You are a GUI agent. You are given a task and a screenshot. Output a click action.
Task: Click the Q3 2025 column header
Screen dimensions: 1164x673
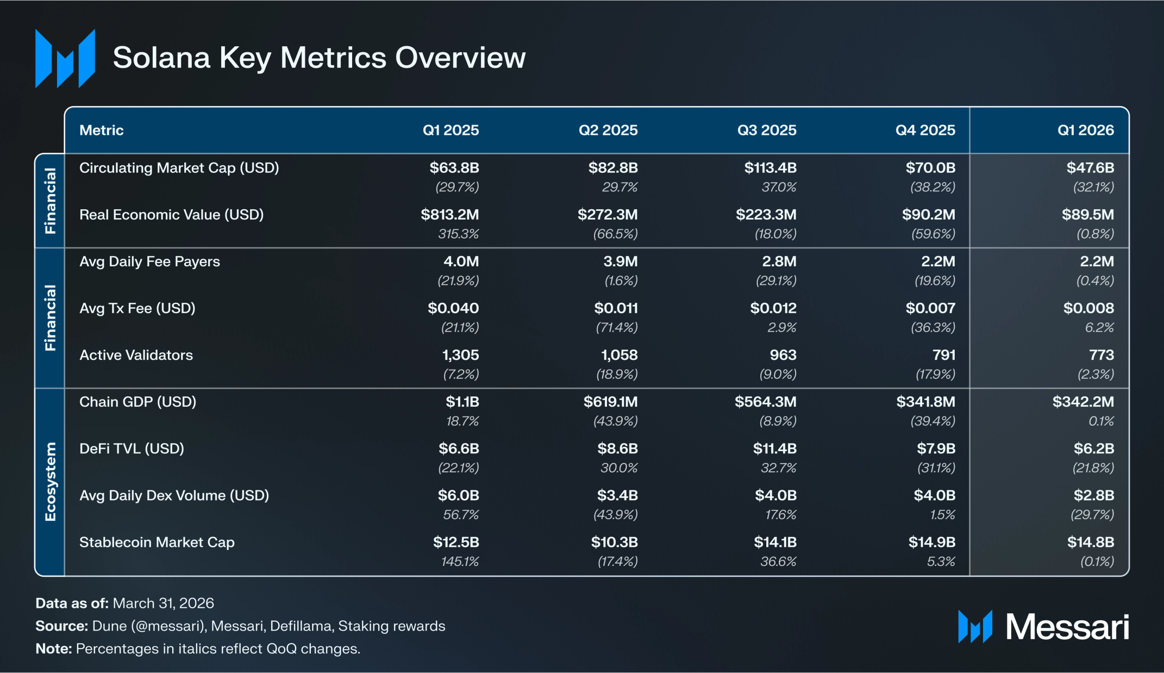pyautogui.click(x=766, y=130)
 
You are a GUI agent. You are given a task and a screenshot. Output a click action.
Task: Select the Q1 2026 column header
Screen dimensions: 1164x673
pyautogui.click(x=1085, y=130)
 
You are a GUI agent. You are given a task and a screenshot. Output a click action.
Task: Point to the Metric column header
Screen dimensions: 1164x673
pyautogui.click(x=102, y=130)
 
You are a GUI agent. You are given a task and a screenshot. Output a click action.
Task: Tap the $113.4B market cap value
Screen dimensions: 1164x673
pyautogui.click(x=770, y=168)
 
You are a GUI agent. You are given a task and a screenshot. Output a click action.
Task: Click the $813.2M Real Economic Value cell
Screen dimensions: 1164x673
pyautogui.click(x=450, y=215)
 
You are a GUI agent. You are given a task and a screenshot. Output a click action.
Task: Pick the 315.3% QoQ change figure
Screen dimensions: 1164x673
pyautogui.click(x=459, y=234)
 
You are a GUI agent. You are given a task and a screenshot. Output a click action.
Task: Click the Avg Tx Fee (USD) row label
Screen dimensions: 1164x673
pyautogui.click(x=137, y=308)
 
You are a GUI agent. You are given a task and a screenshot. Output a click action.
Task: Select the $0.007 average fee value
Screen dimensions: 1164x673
pyautogui.click(x=930, y=308)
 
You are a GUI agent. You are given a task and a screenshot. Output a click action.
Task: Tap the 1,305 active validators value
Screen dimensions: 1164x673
pyautogui.click(x=461, y=356)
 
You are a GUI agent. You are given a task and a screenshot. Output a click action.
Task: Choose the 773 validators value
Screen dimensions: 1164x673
pyautogui.click(x=1102, y=355)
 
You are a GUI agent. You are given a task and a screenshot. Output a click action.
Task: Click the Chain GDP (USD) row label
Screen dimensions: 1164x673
pyautogui.click(x=138, y=402)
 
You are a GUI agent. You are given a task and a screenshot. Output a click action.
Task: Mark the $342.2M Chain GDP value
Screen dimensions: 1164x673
pyautogui.click(x=1083, y=402)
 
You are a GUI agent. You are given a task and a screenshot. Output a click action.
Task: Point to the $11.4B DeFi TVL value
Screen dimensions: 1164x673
pyautogui.click(x=775, y=448)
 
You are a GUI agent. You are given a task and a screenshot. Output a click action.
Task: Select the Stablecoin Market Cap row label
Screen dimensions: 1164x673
pyautogui.click(x=157, y=543)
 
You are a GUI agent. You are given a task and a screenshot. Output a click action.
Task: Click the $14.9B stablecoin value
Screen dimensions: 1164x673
pyautogui.click(x=932, y=542)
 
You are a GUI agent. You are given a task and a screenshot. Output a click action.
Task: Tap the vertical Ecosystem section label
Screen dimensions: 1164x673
pyautogui.click(x=50, y=482)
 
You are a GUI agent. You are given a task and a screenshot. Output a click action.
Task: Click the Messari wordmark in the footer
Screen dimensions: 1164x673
pyautogui.click(x=1067, y=627)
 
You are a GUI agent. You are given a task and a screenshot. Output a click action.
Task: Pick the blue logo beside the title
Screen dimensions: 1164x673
pyautogui.click(x=65, y=58)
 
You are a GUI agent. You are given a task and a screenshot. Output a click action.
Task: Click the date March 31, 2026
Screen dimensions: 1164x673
pyautogui.click(x=163, y=603)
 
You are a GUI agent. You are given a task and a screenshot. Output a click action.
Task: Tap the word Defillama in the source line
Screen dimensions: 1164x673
pyautogui.click(x=301, y=626)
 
